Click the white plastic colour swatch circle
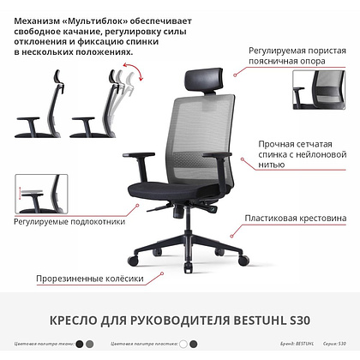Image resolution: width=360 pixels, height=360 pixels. pyautogui.click(x=182, y=344)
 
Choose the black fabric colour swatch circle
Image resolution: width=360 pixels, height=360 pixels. pyautogui.click(x=79, y=344)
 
